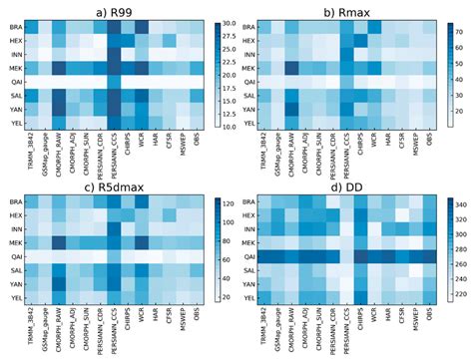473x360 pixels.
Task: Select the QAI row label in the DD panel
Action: point(250,256)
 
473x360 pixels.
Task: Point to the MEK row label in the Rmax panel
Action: point(250,67)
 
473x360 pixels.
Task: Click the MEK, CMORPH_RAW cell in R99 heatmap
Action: point(61,67)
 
